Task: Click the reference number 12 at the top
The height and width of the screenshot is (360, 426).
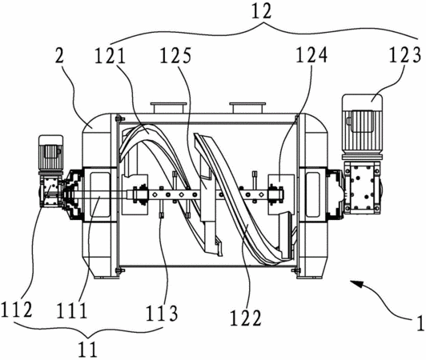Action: (x=261, y=11)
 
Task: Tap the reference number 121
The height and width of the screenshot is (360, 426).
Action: (x=110, y=57)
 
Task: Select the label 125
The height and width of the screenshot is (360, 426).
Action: (x=175, y=56)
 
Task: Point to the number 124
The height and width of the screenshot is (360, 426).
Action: (x=311, y=55)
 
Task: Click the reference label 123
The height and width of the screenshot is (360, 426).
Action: (x=405, y=55)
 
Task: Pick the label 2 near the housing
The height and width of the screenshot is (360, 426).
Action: (x=60, y=57)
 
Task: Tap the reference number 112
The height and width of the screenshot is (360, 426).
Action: (x=17, y=310)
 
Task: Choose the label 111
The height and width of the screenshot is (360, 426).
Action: (x=72, y=311)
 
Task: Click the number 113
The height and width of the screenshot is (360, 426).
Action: (x=162, y=313)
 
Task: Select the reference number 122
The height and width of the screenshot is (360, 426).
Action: (x=246, y=318)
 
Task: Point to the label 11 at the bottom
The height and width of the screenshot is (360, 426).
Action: (x=87, y=350)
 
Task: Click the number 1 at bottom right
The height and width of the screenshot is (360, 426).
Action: (x=420, y=323)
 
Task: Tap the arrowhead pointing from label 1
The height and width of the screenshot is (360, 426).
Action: (x=356, y=285)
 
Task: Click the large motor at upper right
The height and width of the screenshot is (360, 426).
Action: (x=362, y=126)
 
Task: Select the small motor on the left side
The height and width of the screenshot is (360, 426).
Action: (x=51, y=154)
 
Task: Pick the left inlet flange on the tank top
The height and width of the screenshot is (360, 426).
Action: (x=169, y=107)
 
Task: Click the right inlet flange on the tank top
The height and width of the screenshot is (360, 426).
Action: (x=247, y=107)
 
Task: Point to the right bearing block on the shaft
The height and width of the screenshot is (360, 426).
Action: (x=276, y=194)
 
